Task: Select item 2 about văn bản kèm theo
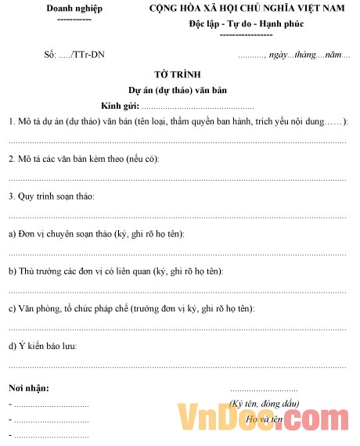click(x=84, y=159)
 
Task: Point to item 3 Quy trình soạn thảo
click(x=52, y=196)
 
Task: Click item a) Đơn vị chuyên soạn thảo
click(x=102, y=233)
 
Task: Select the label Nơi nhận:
click(x=28, y=388)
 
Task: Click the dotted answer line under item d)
click(x=177, y=365)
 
